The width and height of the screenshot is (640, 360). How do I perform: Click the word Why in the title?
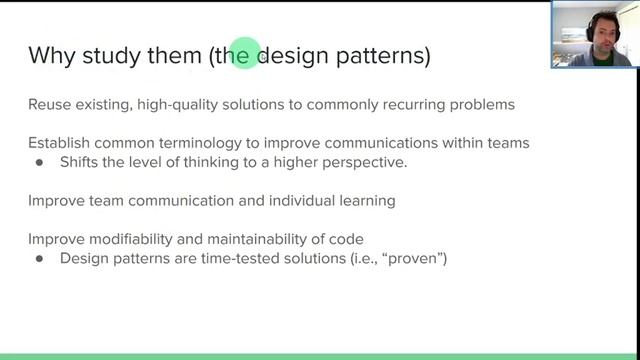(x=50, y=55)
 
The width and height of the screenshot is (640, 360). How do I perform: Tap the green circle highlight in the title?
(x=244, y=52)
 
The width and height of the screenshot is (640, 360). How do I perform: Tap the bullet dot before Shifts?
(x=40, y=162)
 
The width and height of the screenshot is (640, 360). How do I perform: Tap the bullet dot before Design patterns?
(x=40, y=258)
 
